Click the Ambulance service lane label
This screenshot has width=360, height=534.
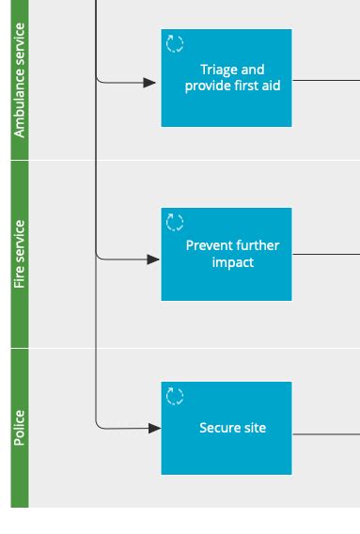tap(20, 80)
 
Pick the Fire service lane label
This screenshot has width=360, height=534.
tap(20, 254)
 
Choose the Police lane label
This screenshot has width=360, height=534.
tap(20, 428)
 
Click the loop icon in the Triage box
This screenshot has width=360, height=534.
tap(175, 43)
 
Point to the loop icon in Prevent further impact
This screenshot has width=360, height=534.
tap(175, 222)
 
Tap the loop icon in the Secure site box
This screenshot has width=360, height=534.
tap(175, 396)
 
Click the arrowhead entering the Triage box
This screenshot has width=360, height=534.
tap(150, 83)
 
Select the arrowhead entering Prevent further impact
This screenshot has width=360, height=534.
tap(153, 259)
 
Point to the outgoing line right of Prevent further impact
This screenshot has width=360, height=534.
tap(325, 254)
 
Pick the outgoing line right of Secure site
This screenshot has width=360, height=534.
tap(325, 433)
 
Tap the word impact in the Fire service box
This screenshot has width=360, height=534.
tap(233, 262)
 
